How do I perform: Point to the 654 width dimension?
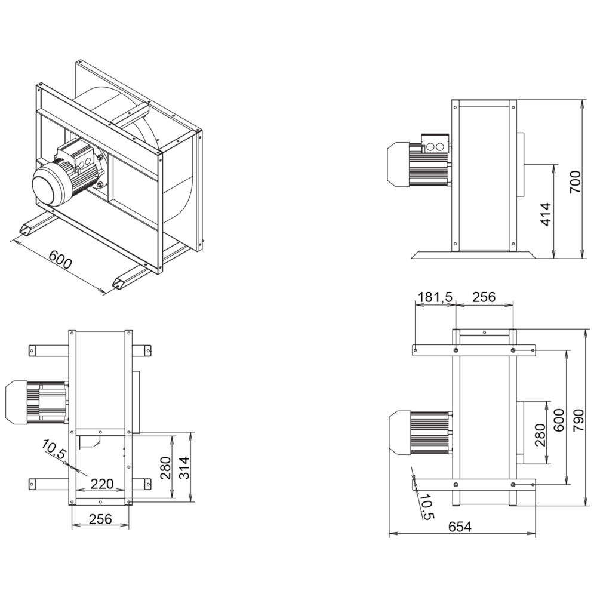pos(460,527)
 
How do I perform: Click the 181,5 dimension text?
pos(435,297)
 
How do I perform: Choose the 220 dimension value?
pos(101,484)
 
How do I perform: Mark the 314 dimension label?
pos(184,468)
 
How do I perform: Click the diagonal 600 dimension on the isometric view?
pos(60,261)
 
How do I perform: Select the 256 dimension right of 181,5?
pos(484,297)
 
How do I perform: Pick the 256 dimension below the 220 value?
pos(100,519)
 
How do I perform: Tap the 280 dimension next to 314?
pos(165,468)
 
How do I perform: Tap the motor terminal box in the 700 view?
pos(435,144)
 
